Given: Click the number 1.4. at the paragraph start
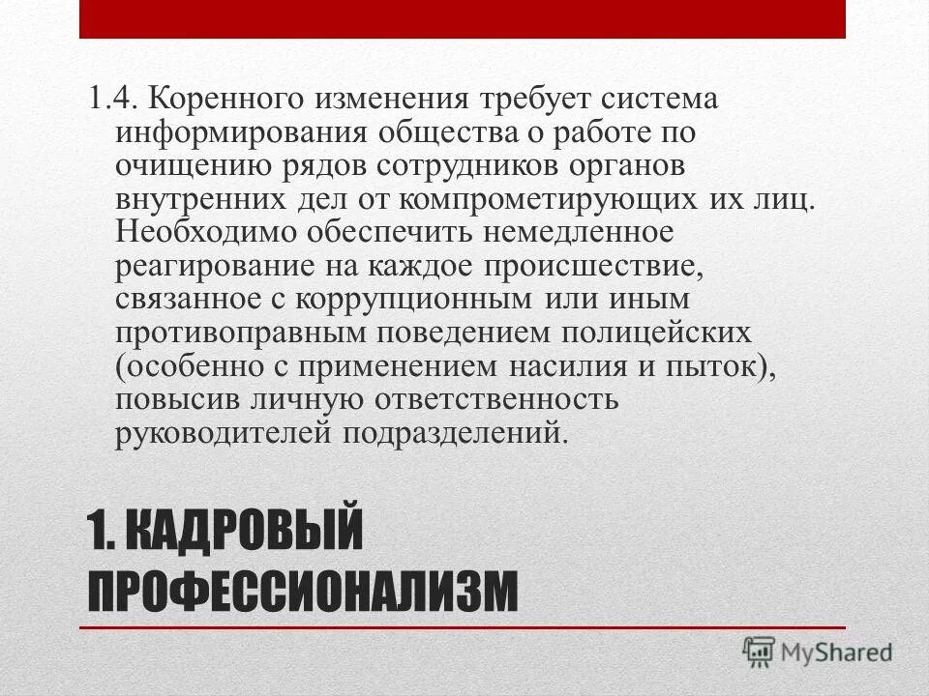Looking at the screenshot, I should tap(115, 100).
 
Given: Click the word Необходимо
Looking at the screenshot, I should tap(205, 232).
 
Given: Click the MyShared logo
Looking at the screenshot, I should tap(818, 652).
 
